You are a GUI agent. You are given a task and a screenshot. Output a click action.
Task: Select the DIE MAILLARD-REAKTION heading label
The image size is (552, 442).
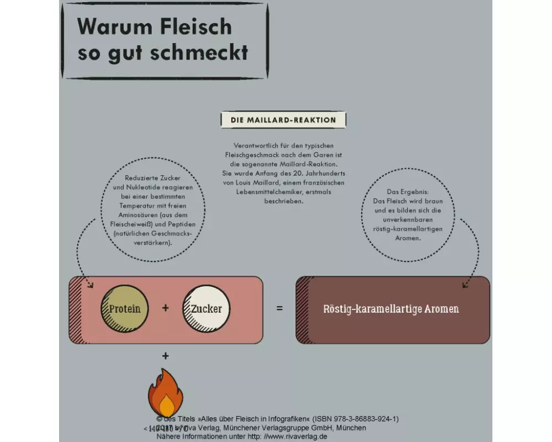[283, 120]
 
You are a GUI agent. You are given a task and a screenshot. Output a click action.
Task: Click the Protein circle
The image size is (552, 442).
[124, 309]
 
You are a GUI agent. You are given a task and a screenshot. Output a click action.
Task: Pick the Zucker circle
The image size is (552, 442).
[206, 309]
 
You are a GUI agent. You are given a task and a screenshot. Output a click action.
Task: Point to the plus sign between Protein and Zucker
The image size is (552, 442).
[165, 308]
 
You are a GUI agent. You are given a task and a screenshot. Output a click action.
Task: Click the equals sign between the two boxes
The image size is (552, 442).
[279, 308]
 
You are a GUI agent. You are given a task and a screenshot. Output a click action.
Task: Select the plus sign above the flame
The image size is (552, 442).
[165, 356]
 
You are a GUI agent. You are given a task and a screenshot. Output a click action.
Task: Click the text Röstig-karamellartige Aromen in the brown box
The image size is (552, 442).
[391, 309]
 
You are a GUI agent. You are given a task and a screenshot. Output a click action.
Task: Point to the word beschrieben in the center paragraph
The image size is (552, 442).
[283, 202]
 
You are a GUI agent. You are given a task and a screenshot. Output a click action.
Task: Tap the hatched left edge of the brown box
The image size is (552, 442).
[302, 309]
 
